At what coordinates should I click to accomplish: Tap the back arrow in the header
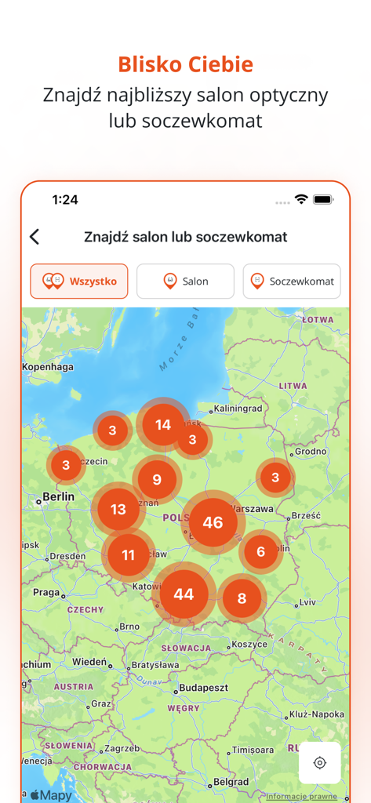pyautogui.click(x=35, y=237)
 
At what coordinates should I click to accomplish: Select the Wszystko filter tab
pyautogui.click(x=79, y=281)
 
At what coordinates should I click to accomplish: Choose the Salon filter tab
pyautogui.click(x=185, y=281)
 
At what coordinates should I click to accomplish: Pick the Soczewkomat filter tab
pyautogui.click(x=292, y=281)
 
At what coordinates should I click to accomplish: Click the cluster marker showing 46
pyautogui.click(x=213, y=522)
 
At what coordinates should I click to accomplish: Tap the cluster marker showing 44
pyautogui.click(x=184, y=594)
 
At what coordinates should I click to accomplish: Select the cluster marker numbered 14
pyautogui.click(x=163, y=425)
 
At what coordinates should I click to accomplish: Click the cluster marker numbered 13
pyautogui.click(x=118, y=510)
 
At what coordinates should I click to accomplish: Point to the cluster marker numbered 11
pyautogui.click(x=128, y=555)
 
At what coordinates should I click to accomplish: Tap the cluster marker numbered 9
pyautogui.click(x=157, y=480)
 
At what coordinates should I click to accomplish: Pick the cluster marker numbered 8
pyautogui.click(x=242, y=598)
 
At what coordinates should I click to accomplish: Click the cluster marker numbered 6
pyautogui.click(x=260, y=551)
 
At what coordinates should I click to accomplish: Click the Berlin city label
pyautogui.click(x=58, y=496)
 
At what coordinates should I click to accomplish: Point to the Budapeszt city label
pyautogui.click(x=202, y=688)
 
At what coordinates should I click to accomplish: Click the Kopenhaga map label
pyautogui.click(x=47, y=366)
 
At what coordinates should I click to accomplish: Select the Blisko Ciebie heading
pyautogui.click(x=185, y=64)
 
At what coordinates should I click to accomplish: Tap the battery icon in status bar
pyautogui.click(x=323, y=200)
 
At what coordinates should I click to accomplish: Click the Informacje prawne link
pyautogui.click(x=301, y=796)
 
